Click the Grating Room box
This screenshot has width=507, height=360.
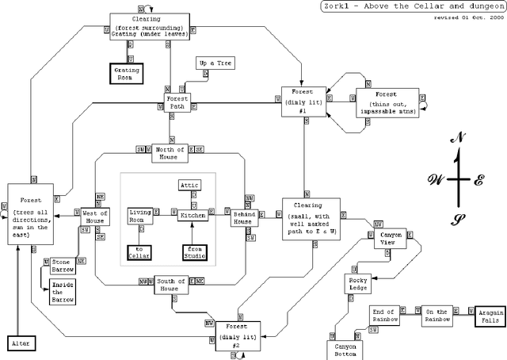[x=128, y=73]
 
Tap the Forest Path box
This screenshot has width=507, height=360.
[x=176, y=102]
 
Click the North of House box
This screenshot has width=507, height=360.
[x=170, y=153]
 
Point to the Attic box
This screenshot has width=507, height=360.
[x=189, y=185]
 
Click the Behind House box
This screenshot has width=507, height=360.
[x=242, y=216]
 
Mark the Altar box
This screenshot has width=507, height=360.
[x=19, y=343]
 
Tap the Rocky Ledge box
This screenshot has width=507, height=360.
[x=358, y=283]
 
